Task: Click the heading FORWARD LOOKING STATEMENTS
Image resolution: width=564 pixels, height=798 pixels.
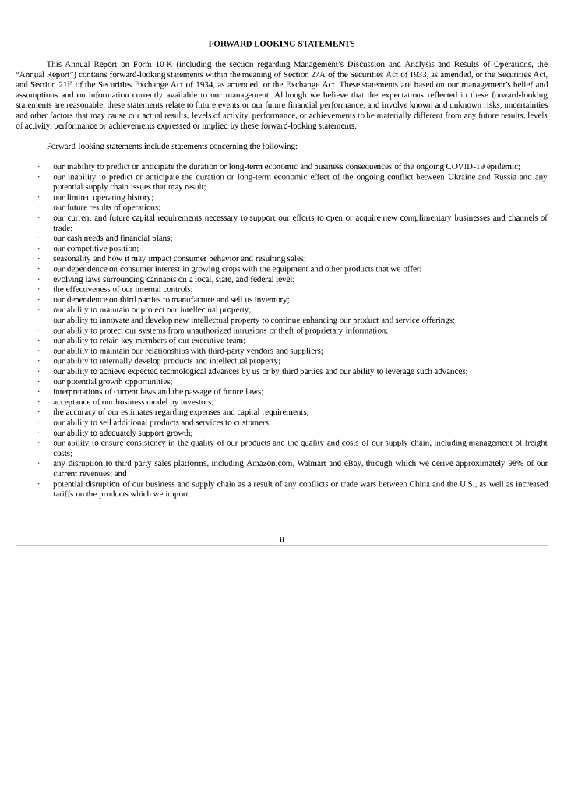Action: (281, 43)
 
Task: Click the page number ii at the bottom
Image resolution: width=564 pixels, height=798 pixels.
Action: (282, 538)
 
